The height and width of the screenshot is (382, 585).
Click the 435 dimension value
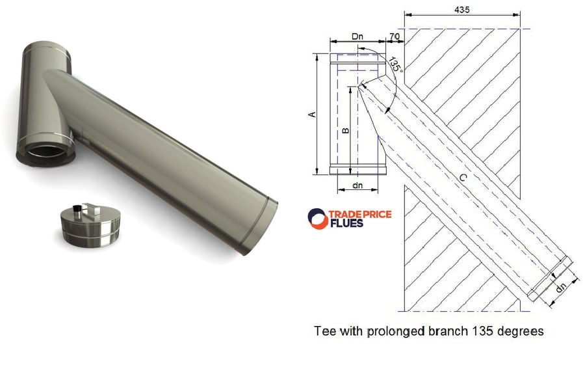pyautogui.click(x=462, y=10)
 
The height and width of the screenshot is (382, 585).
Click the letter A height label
pyautogui.click(x=312, y=114)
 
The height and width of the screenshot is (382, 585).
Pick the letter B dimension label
pyautogui.click(x=346, y=130)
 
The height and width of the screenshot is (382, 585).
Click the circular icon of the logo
pyautogui.click(x=318, y=219)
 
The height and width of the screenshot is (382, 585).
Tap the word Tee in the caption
pyautogui.click(x=324, y=331)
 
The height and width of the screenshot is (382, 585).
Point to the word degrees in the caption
pyautogui.click(x=520, y=331)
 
